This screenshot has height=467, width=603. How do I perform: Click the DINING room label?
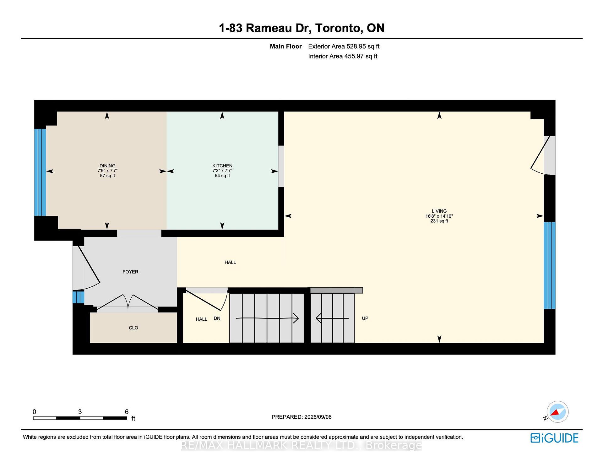107,166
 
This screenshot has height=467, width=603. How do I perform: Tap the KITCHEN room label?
222,166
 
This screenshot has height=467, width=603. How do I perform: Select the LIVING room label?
439,211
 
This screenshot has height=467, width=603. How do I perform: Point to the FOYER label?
130,272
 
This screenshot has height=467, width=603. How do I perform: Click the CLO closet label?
133,328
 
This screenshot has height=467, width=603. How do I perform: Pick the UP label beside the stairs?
365,318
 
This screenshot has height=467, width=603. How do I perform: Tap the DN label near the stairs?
217,318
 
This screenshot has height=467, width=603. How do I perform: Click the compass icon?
557,412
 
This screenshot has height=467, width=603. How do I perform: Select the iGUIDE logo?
555,438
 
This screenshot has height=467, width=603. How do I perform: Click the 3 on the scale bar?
80,412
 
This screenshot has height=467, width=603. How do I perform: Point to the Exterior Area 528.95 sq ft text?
344,46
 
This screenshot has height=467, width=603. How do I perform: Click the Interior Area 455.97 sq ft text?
343,56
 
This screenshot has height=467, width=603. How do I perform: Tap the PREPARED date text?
301,417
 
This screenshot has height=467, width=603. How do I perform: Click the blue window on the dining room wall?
40,172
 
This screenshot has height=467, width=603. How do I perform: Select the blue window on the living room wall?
550,265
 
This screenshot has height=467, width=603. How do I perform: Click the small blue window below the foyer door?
78,297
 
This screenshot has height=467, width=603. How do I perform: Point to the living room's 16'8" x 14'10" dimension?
439,216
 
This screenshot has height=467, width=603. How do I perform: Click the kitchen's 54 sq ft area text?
222,176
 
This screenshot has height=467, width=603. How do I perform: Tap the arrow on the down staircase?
267,318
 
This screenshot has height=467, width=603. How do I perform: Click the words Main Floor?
286,46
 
